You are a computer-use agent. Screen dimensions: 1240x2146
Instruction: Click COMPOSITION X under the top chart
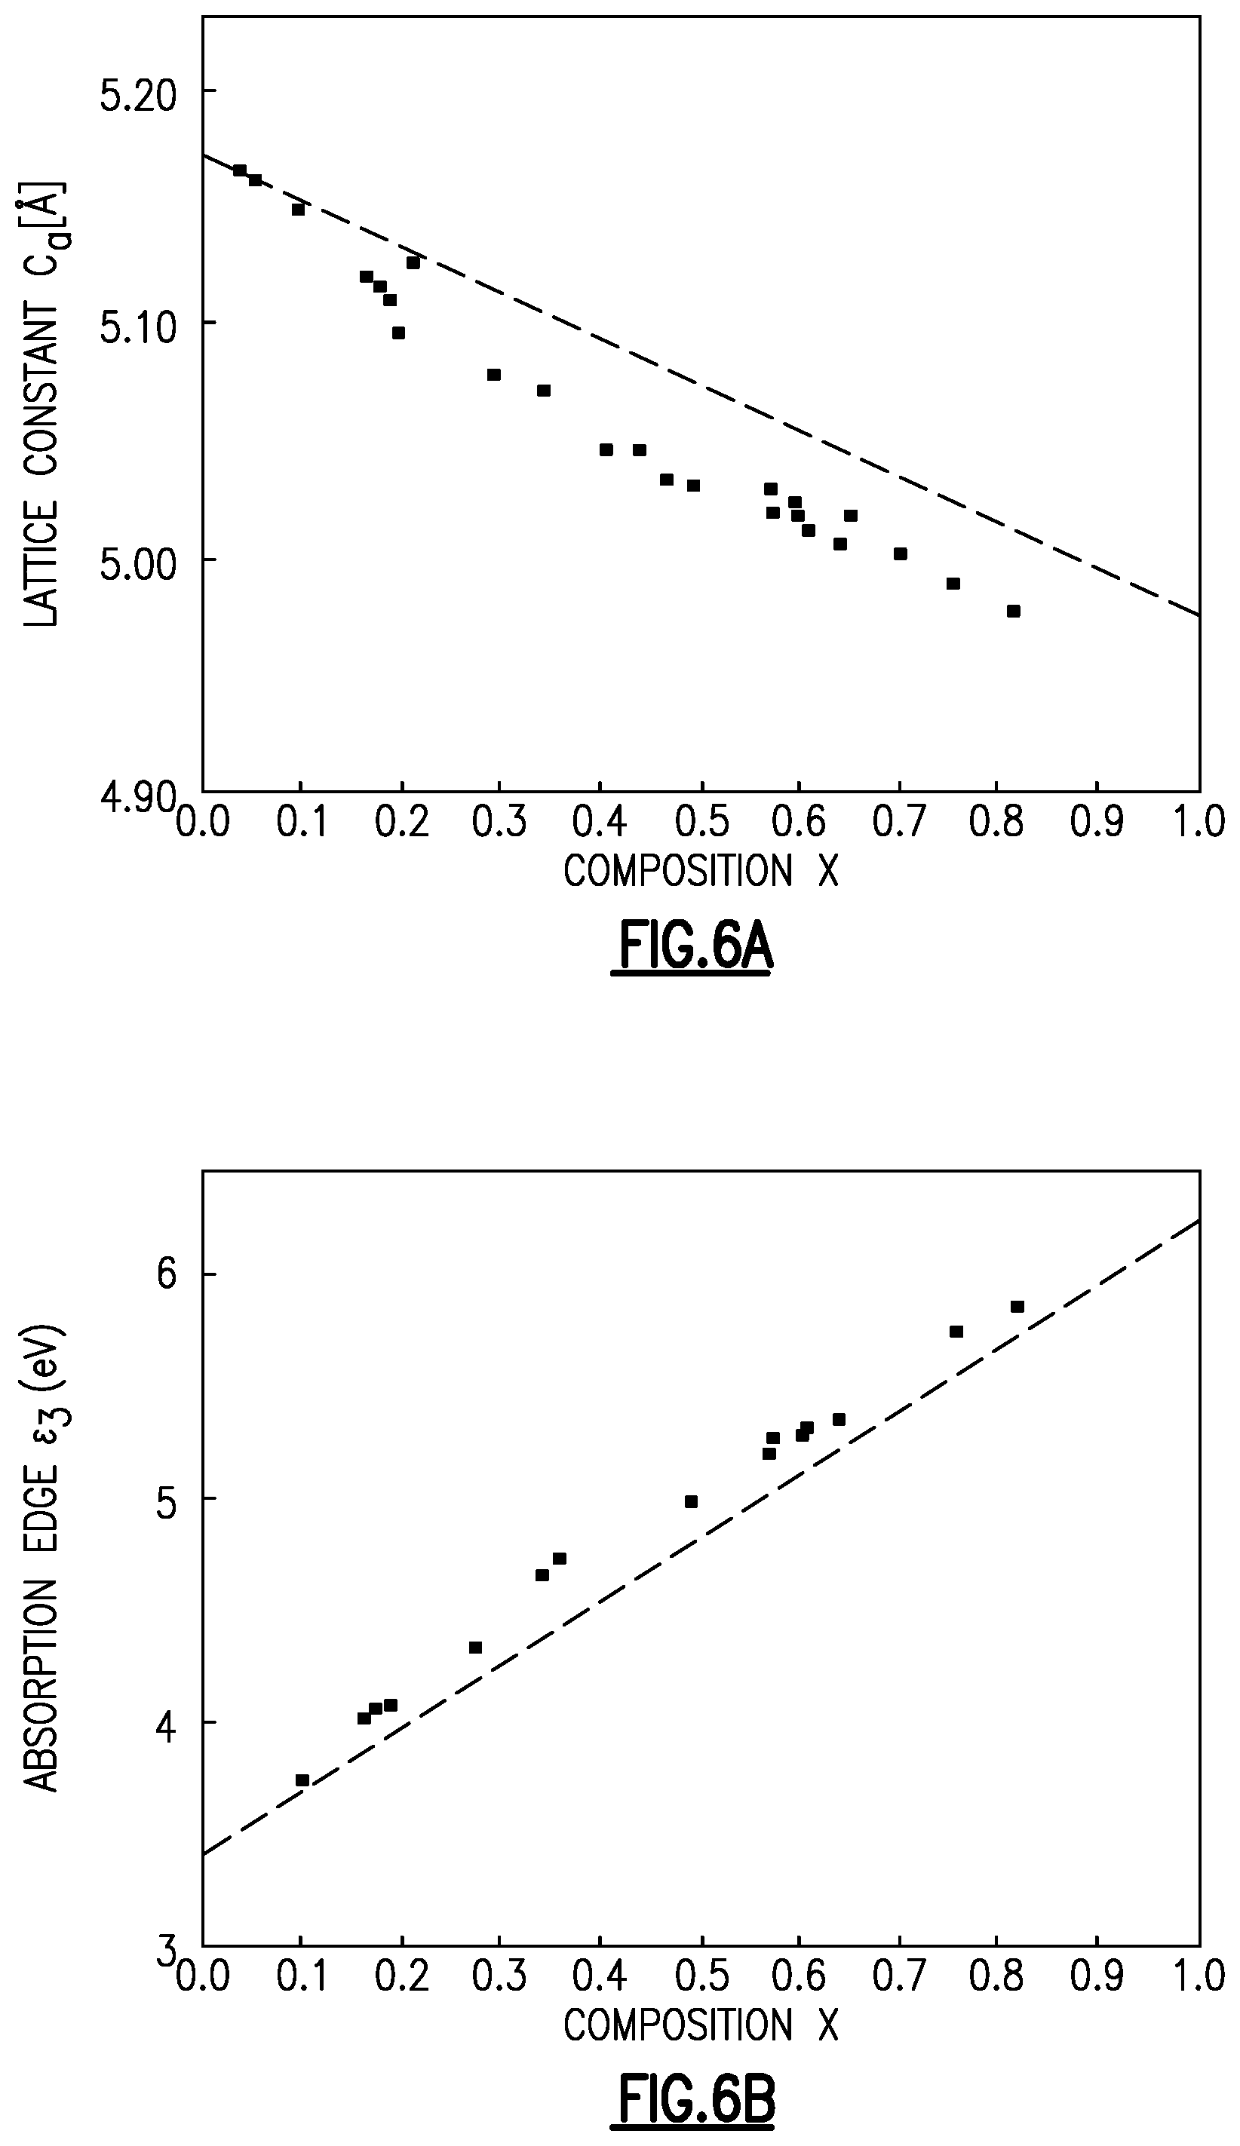701,871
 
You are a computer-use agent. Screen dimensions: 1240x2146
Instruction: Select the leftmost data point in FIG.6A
240,170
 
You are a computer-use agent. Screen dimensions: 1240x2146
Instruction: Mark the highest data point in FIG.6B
1017,1307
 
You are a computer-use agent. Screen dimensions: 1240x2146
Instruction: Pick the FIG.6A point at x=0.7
900,554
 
